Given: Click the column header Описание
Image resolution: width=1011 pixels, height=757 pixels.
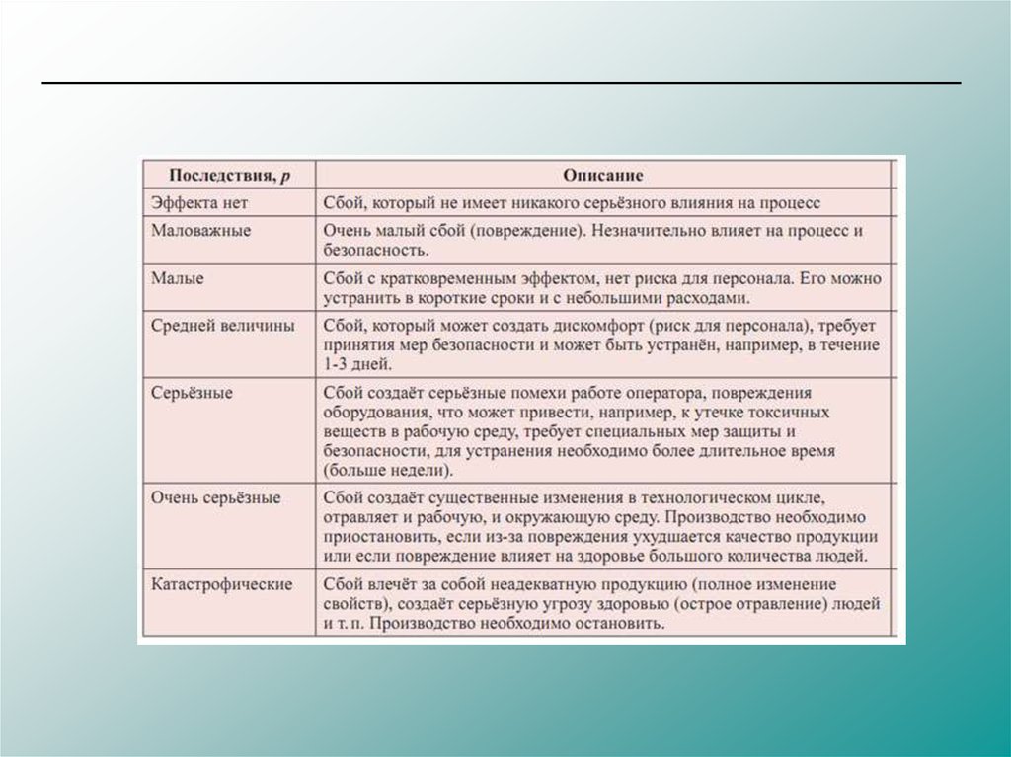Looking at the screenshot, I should (x=603, y=176).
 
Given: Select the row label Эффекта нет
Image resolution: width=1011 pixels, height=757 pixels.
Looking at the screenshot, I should (x=198, y=202).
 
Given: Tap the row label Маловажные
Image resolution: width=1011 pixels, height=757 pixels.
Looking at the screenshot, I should (x=201, y=230).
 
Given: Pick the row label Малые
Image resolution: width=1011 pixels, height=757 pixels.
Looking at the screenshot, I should (x=178, y=279).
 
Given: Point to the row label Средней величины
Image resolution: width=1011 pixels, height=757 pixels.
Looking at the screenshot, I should (x=222, y=327).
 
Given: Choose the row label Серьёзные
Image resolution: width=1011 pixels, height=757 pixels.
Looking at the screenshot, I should (x=192, y=393).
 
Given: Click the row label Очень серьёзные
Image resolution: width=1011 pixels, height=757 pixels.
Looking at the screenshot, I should (x=216, y=498).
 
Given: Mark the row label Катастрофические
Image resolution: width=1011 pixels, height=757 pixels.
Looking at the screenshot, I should (x=222, y=584).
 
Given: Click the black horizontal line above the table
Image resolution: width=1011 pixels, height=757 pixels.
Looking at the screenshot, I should (x=502, y=83).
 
